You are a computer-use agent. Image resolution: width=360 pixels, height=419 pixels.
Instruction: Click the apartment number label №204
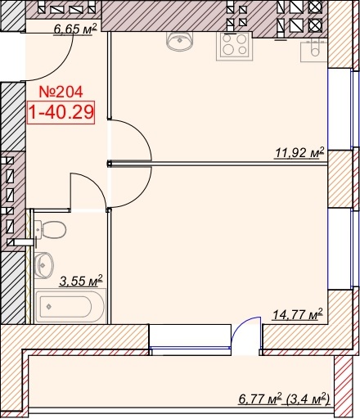pos(61,92)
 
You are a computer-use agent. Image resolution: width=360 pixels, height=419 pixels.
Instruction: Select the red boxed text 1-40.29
pos(61,112)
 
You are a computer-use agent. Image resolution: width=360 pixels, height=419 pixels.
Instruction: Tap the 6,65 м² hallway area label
pos(75,29)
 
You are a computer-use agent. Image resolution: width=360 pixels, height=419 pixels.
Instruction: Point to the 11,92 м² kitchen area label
pos(299,152)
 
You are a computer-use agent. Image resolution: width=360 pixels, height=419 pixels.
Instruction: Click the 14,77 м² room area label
pos(298,314)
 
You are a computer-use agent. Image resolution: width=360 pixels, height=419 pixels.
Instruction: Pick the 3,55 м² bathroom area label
pos(81,281)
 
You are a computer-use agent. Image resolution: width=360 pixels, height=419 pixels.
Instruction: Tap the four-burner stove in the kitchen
pos(235,46)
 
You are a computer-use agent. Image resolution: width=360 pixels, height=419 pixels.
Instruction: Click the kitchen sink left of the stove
pos(179,41)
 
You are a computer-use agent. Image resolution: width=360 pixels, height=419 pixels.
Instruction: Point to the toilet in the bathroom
pos(51,230)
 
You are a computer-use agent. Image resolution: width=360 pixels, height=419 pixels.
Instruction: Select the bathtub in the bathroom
pos(70,306)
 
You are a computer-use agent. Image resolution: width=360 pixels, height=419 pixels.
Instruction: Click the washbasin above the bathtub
pos(44,265)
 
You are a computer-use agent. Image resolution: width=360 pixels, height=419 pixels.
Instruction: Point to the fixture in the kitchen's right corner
pos(313,52)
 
